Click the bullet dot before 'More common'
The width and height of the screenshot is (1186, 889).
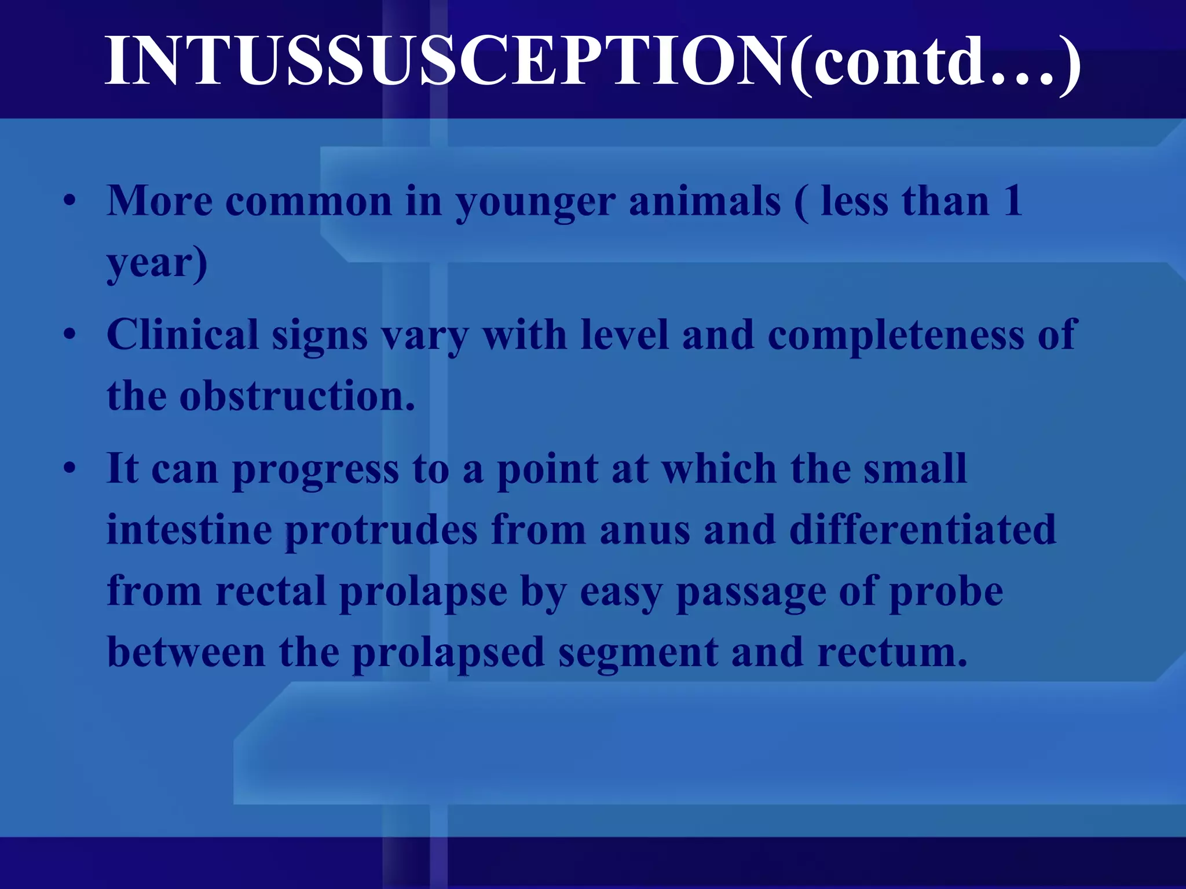70,201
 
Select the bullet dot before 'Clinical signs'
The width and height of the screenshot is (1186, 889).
70,335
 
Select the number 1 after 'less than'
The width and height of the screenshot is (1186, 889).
1012,201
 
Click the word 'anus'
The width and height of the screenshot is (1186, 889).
645,531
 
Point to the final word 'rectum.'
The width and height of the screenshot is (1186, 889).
892,653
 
